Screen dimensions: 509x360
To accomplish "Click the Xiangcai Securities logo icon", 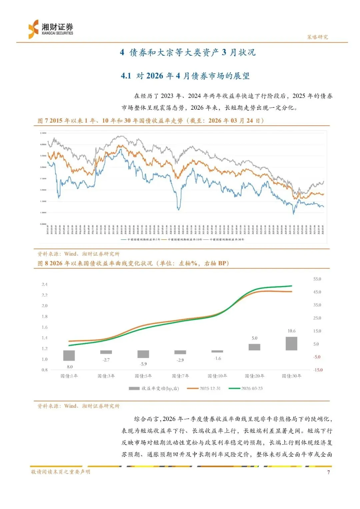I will tap(33, 29).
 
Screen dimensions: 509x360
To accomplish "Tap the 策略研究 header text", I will tap(317, 37).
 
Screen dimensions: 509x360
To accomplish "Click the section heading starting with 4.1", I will tap(185, 76).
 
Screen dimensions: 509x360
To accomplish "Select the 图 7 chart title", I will tap(151, 121).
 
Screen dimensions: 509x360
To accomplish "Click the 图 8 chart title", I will tap(133, 263).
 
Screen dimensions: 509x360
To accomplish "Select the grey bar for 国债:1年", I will tap(69, 355).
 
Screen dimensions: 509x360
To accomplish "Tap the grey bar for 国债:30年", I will tap(291, 344).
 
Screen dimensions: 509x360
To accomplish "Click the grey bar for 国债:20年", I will tap(254, 347).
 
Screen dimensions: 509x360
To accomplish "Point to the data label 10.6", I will tap(291, 331).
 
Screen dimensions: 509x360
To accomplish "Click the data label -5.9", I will tap(143, 364).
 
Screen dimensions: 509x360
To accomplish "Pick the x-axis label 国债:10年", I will tap(217, 376).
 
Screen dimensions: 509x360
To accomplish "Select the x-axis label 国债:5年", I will tap(143, 376).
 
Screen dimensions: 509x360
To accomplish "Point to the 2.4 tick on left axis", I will tap(44, 284).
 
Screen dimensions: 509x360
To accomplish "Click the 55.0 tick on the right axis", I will tap(317, 279).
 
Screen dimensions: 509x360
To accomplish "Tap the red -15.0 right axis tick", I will tap(318, 370).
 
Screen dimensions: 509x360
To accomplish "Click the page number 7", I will tap(328, 472).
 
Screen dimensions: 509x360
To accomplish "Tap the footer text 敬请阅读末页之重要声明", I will tap(61, 472).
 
